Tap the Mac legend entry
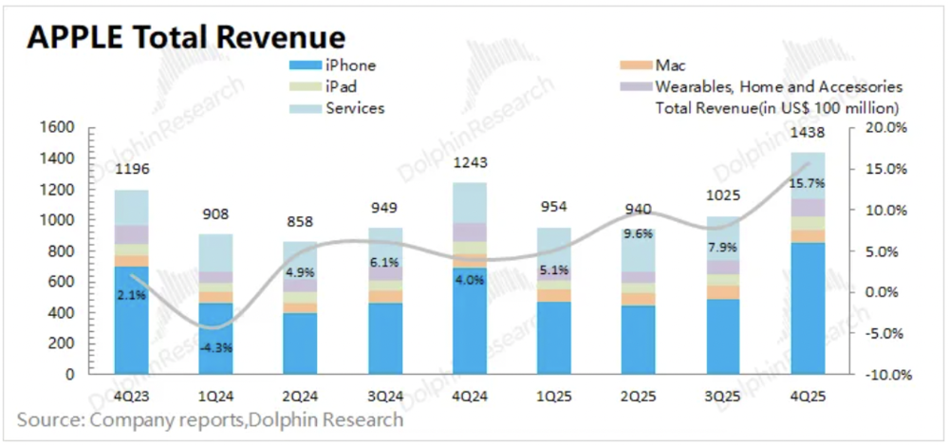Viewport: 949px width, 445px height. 664,65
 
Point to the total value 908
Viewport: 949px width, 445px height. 216,214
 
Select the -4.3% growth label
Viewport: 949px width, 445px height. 216,346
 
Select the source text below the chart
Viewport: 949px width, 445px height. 209,419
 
